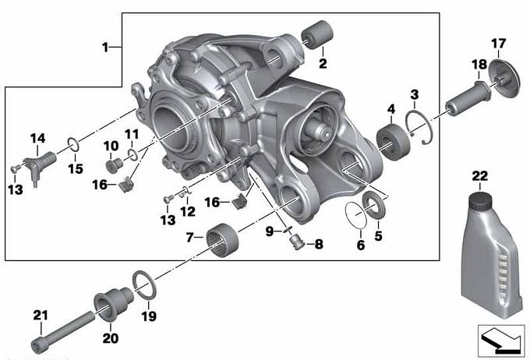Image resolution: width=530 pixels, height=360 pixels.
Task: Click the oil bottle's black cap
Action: coord(480,199)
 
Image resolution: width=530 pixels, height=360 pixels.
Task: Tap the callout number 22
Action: coord(480,176)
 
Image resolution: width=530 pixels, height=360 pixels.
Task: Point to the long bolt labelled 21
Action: coord(64,331)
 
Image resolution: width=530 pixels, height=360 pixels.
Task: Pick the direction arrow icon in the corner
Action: coord(501,341)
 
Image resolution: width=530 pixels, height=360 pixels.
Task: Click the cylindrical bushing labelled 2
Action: coord(317,34)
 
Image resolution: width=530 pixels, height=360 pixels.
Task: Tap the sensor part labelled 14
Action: coord(39,164)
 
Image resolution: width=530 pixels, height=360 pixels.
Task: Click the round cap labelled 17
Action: coord(504,79)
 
